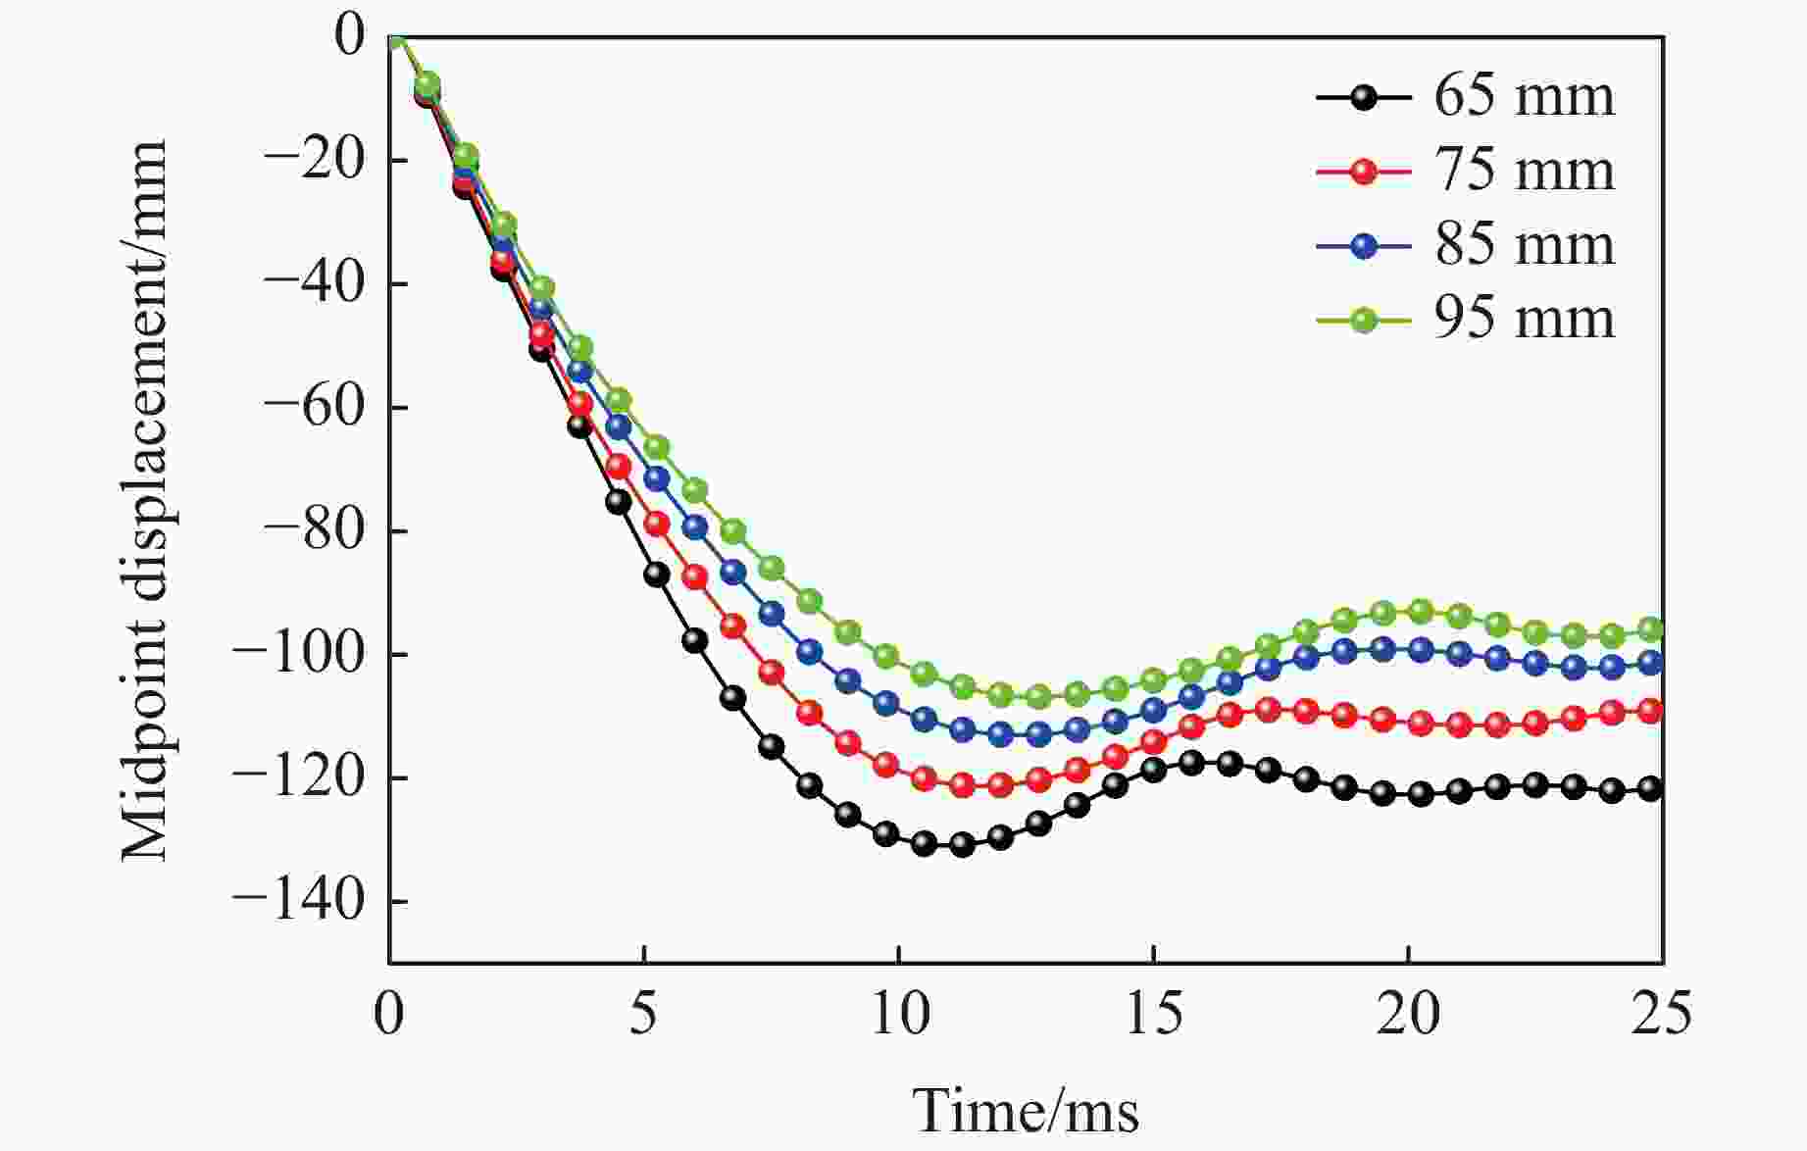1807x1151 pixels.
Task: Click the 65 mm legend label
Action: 1524,96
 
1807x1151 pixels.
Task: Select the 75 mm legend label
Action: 1524,171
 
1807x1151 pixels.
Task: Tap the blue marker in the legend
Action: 1364,245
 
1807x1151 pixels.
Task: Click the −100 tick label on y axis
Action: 313,654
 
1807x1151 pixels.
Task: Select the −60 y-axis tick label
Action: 323,407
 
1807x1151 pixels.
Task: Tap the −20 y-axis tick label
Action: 323,160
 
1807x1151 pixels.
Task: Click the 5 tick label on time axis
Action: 643,1015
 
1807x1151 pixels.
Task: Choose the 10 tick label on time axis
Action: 899,1015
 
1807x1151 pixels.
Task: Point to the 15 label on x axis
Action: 1153,1015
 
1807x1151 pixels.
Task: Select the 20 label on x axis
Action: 1408,1015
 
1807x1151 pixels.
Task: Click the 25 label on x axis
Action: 1662,1015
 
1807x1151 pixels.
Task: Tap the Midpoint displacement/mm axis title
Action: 145,500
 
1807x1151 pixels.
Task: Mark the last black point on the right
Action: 1651,788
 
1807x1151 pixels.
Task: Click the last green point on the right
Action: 1651,629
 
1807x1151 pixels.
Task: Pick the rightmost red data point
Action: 1651,712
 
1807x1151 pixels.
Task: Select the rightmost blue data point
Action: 1651,664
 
